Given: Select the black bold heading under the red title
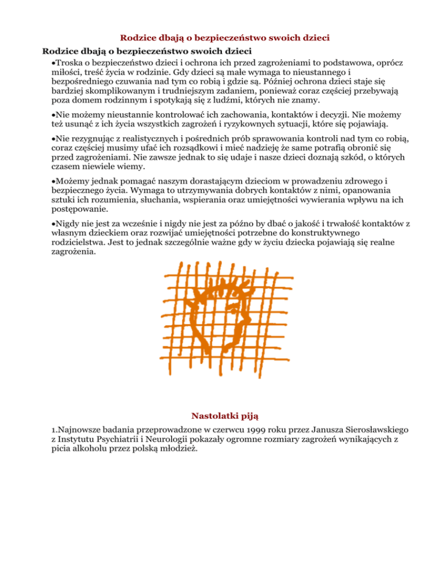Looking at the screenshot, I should [x=141, y=50].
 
